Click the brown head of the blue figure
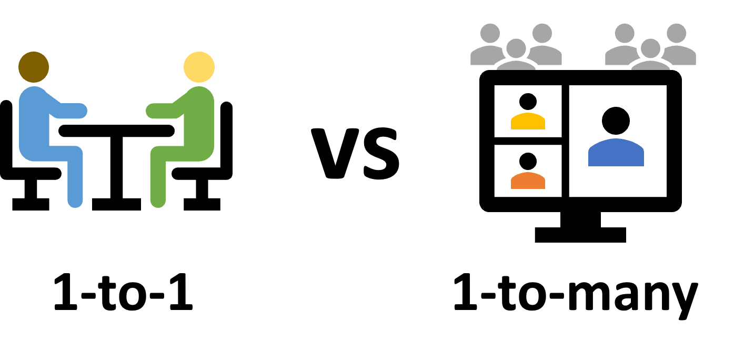click(34, 67)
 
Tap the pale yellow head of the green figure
click(199, 67)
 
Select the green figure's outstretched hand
click(153, 111)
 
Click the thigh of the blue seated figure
click(53, 153)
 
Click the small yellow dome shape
click(528, 122)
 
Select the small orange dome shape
click(528, 181)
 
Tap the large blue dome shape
click(616, 153)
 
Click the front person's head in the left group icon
click(516, 48)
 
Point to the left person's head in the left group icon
click(490, 33)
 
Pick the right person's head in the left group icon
click(542, 33)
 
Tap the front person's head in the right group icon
click(650, 48)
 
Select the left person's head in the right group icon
click(625, 33)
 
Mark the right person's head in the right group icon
click(677, 33)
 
